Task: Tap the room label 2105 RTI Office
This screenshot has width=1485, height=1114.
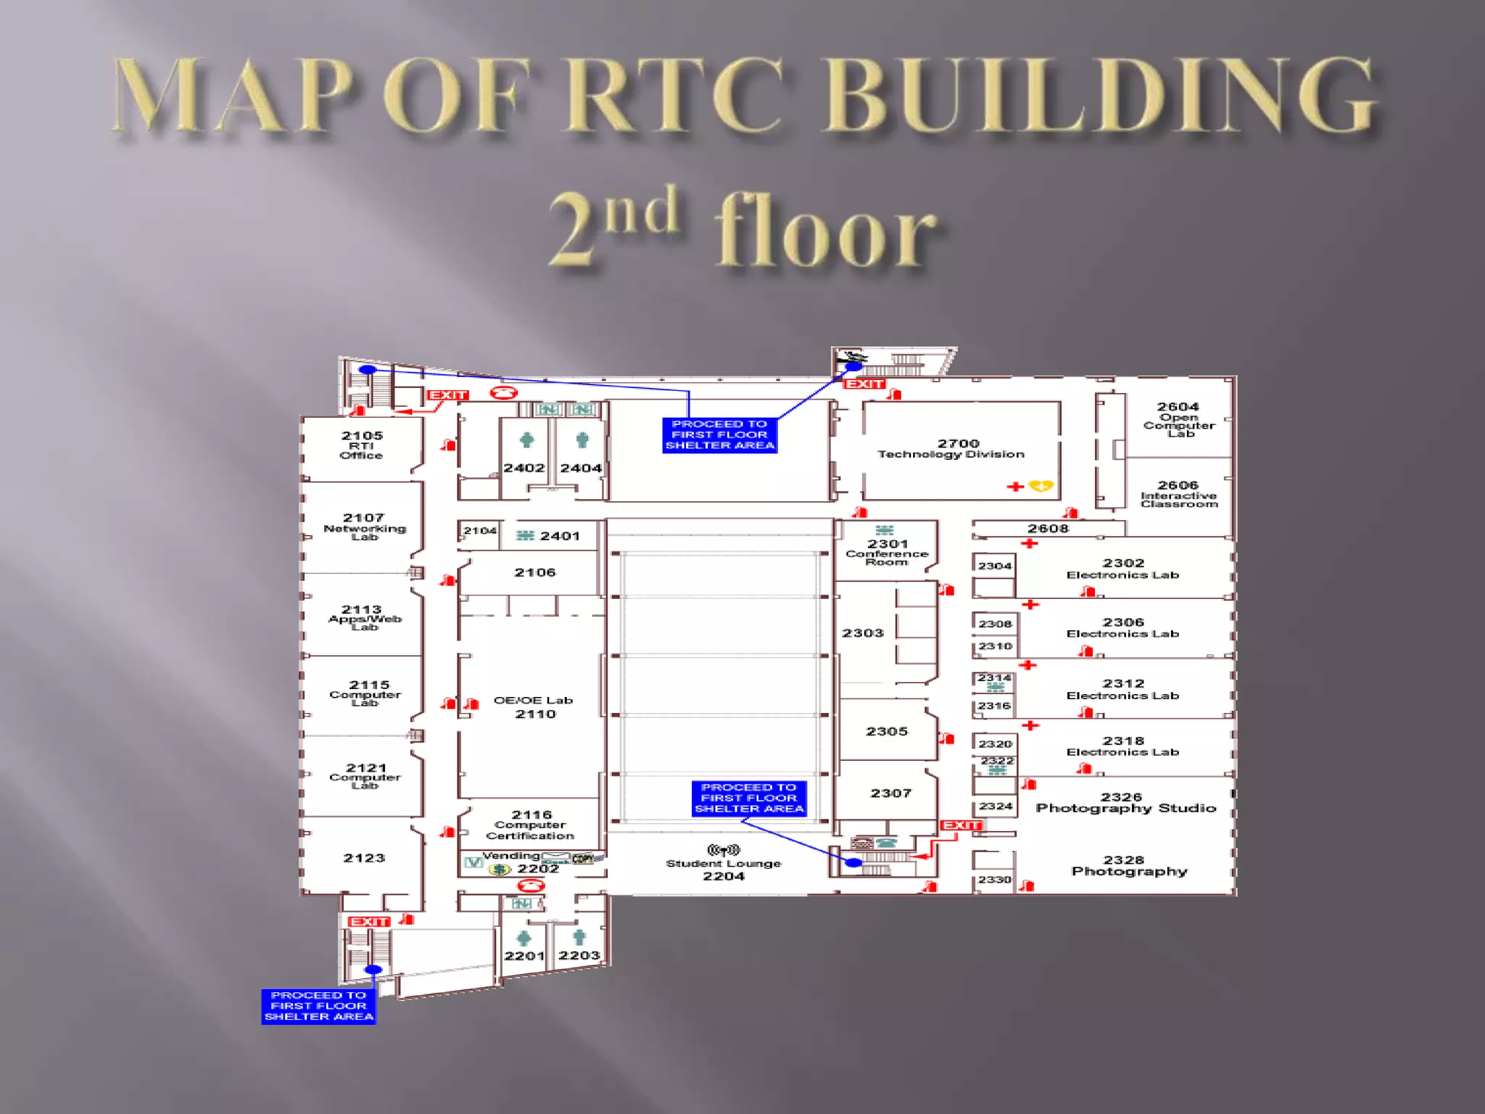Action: click(x=362, y=445)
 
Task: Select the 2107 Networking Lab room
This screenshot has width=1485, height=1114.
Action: click(x=364, y=527)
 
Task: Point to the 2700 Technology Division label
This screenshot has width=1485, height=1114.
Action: click(x=952, y=448)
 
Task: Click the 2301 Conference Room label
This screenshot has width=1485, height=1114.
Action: click(x=887, y=552)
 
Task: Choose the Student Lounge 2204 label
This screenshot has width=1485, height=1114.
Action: click(x=724, y=869)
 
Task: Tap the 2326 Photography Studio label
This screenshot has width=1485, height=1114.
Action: click(x=1125, y=802)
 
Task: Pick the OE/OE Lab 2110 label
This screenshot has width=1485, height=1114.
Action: click(x=534, y=706)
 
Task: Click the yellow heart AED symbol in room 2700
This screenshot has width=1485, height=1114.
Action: click(x=1041, y=486)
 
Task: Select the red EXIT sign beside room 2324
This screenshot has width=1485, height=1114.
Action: click(x=961, y=825)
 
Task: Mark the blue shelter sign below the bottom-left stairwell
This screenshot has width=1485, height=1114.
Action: click(x=319, y=1006)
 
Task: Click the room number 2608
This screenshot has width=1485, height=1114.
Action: click(x=1048, y=528)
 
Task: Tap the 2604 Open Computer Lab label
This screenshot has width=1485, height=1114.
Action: click(x=1178, y=418)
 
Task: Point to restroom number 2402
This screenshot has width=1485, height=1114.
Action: click(x=524, y=468)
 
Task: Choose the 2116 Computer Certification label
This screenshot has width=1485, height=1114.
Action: click(x=531, y=825)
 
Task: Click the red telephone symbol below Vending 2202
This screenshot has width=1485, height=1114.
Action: click(x=531, y=886)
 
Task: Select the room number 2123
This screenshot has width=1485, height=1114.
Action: click(x=364, y=857)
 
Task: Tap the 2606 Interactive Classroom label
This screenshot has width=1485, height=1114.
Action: click(x=1178, y=493)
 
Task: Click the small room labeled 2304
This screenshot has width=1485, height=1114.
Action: click(x=994, y=566)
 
